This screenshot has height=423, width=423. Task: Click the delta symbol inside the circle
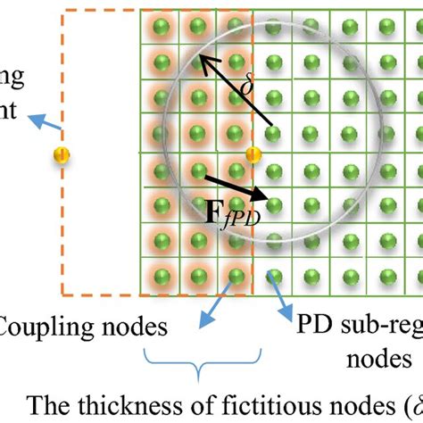[x=248, y=88]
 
